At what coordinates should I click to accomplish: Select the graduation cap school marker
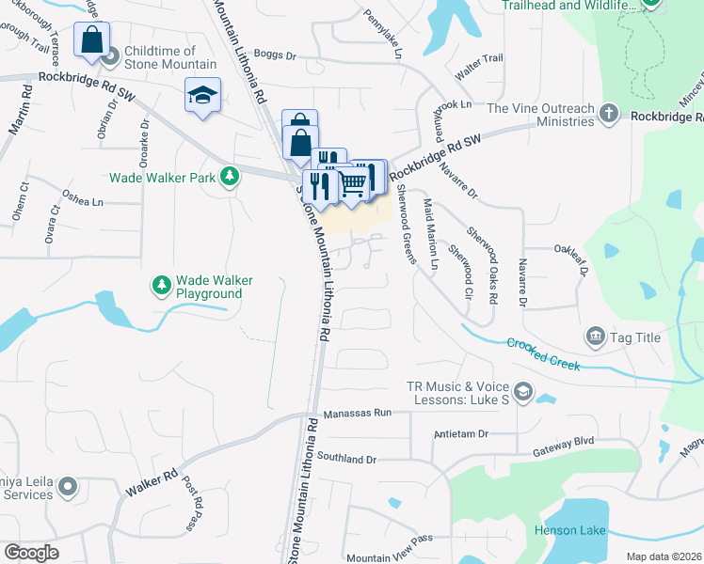[201, 95]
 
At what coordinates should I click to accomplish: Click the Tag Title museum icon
[595, 336]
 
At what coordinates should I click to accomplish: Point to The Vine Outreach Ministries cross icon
[609, 115]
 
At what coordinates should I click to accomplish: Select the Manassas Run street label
[357, 413]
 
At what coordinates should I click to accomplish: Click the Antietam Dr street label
[461, 434]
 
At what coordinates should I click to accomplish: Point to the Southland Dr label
[346, 460]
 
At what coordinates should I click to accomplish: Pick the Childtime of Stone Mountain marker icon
[110, 57]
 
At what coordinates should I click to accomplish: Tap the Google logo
[31, 553]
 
